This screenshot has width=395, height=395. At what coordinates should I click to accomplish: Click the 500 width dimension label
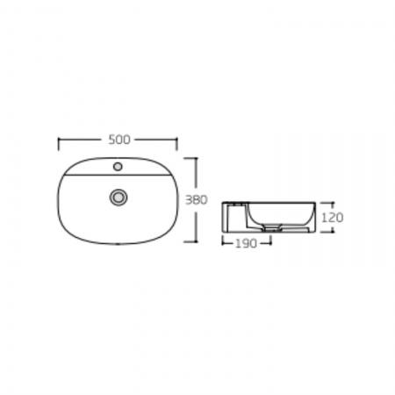point(119,140)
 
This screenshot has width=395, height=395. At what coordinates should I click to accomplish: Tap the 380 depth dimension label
point(197,200)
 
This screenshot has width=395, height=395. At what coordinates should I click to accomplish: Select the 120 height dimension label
point(332,218)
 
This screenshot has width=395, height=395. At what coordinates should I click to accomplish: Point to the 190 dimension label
point(246,243)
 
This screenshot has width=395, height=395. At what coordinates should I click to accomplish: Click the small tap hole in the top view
point(118,167)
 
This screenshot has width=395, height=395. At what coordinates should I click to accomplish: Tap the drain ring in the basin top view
point(118,197)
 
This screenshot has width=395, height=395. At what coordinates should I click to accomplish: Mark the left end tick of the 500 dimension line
point(59,144)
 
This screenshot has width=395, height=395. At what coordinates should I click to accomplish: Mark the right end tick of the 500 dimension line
point(176,144)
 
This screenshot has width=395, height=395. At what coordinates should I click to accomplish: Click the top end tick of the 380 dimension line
point(190,158)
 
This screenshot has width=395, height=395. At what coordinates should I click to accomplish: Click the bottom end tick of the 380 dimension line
point(190,241)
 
